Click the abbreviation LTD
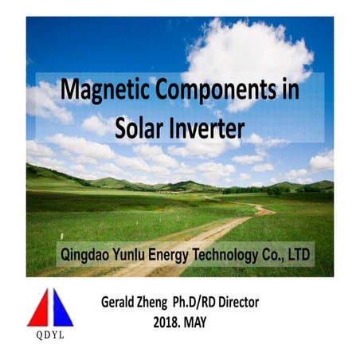coord(297,256)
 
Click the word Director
coord(268,303)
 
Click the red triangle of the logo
coord(40,310)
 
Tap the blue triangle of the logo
coord(62,310)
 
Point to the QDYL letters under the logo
coord(49,335)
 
